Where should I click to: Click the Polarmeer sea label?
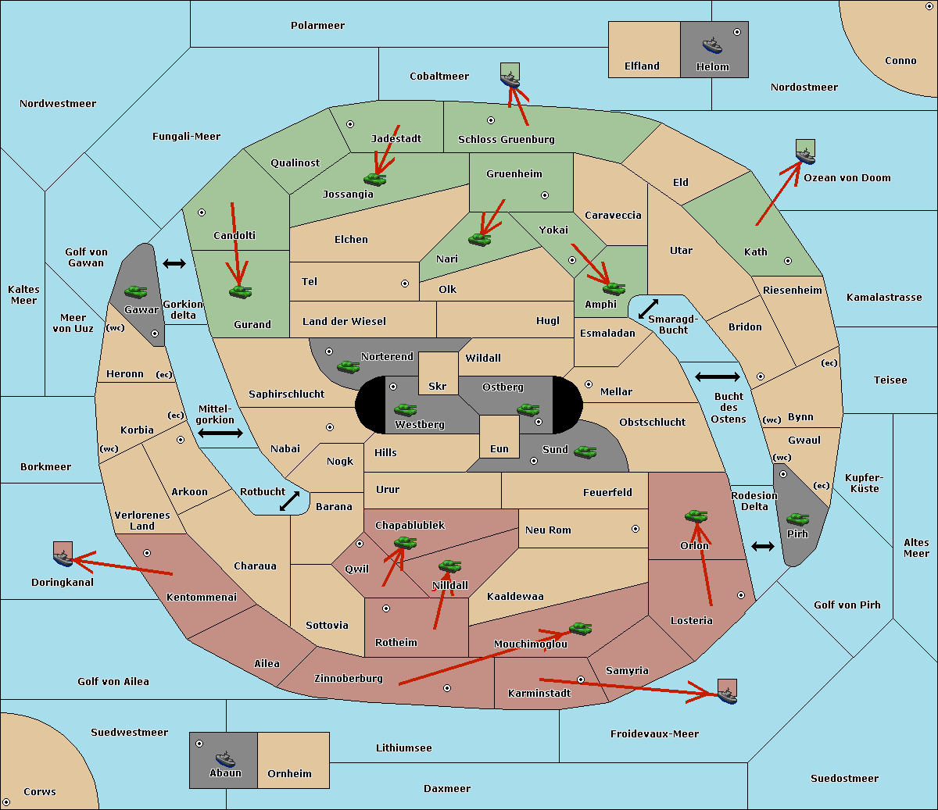click(x=317, y=26)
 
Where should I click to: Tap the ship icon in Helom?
click(x=712, y=45)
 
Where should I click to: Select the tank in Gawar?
click(x=135, y=291)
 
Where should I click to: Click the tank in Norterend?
click(x=348, y=366)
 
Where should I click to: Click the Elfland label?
click(x=642, y=66)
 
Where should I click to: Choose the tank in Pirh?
click(x=797, y=519)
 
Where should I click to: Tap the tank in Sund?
click(x=585, y=451)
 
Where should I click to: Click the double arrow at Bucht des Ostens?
click(x=717, y=377)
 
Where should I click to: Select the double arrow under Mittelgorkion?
click(x=220, y=434)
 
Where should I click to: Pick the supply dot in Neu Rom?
click(x=635, y=529)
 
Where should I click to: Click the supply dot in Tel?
click(x=405, y=284)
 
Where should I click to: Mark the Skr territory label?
click(x=438, y=387)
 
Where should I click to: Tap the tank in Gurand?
click(x=240, y=291)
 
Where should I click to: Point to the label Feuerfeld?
click(x=607, y=493)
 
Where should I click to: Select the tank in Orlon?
click(x=696, y=516)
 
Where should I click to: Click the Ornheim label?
click(x=289, y=774)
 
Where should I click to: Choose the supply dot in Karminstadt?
click(x=581, y=680)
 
